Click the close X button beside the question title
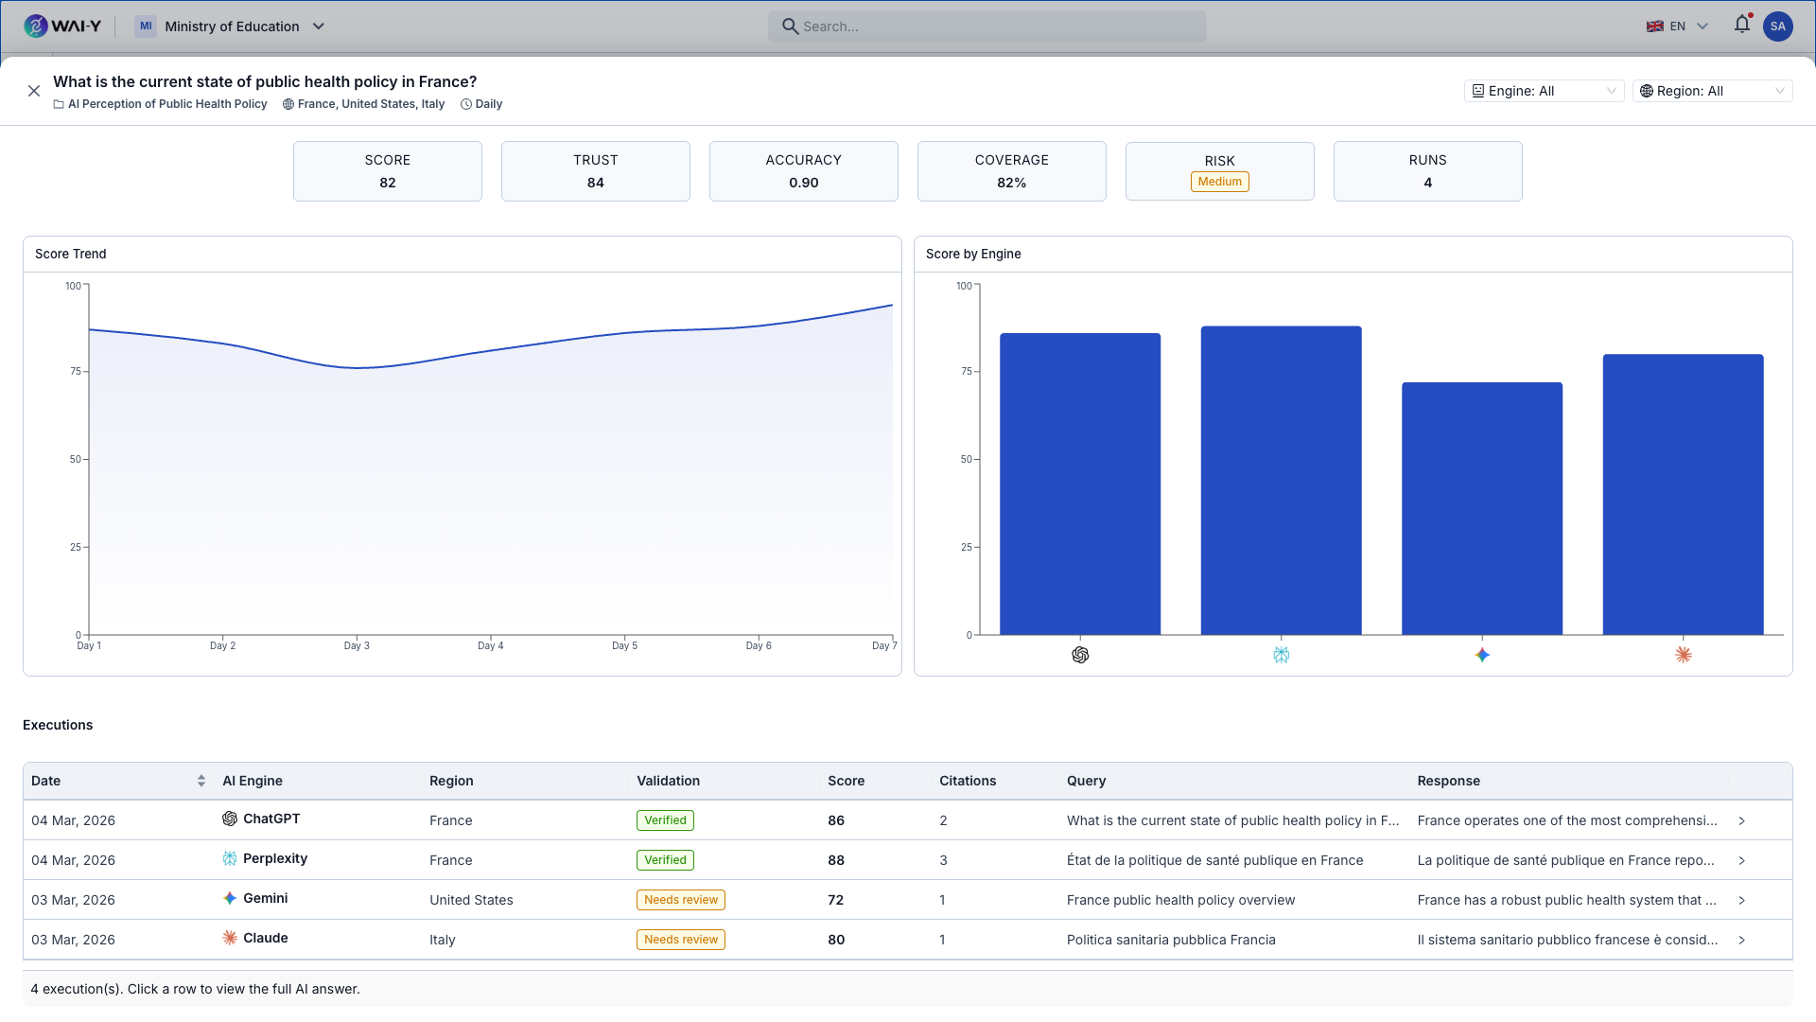[x=34, y=91]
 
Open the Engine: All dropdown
[x=1543, y=91]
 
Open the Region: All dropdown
[x=1711, y=91]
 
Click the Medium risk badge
[x=1219, y=182]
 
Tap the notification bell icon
[x=1741, y=26]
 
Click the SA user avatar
[x=1777, y=26]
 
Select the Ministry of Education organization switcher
[x=232, y=26]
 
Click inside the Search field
[x=987, y=26]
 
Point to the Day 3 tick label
[x=357, y=646]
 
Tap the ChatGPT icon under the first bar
[x=1080, y=655]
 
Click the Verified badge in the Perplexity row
[x=665, y=860]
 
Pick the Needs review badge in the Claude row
[x=681, y=940]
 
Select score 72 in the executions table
[x=835, y=900]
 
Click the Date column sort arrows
[x=201, y=781]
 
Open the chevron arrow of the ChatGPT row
[x=1741, y=820]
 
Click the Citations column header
[x=967, y=781]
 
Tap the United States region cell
[x=471, y=900]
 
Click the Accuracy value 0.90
[x=803, y=183]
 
